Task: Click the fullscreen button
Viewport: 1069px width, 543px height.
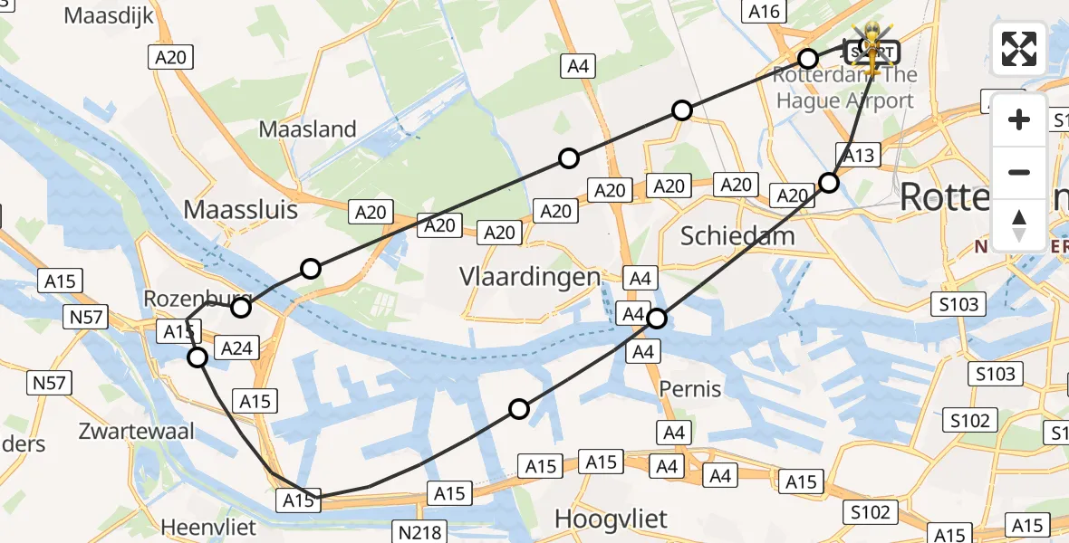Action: tap(1019, 49)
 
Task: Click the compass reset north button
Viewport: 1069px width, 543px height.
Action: tap(1019, 224)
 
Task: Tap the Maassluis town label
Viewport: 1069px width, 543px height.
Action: tap(240, 210)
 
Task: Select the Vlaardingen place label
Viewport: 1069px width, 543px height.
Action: tap(530, 276)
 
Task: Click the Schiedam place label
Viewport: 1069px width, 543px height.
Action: tap(737, 236)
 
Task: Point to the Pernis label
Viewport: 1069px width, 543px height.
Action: tap(690, 389)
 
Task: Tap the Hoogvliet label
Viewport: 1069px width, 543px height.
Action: tap(611, 519)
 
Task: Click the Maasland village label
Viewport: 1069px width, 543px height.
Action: tap(308, 129)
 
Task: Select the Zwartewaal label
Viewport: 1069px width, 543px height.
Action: tap(137, 431)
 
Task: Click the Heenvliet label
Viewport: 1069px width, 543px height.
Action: tap(209, 527)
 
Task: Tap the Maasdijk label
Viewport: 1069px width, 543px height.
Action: tap(110, 15)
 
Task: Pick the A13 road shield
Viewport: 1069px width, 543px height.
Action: tap(858, 156)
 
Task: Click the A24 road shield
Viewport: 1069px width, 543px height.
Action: tap(236, 348)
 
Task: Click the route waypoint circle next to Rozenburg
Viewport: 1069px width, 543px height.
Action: tap(240, 308)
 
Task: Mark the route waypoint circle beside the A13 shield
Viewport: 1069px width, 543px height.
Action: tap(829, 183)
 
